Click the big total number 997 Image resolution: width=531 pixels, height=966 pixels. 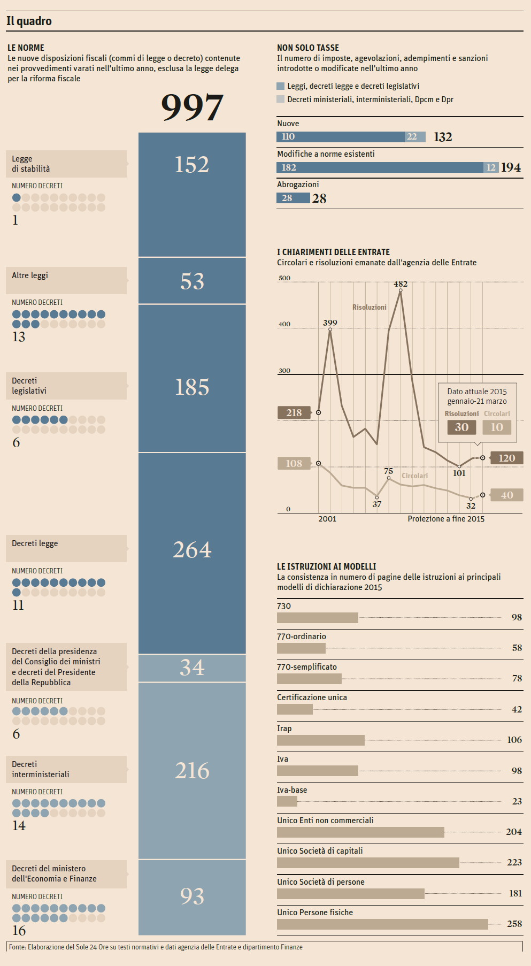[x=192, y=107]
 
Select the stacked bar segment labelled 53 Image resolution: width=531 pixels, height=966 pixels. [x=192, y=281]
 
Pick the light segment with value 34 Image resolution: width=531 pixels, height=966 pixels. [x=192, y=668]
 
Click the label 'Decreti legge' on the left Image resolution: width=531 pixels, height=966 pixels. [x=35, y=543]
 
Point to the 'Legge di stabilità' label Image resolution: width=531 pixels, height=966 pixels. [x=31, y=164]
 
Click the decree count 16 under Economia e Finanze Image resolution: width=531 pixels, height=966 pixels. [x=19, y=931]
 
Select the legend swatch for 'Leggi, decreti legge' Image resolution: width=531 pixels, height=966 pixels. [x=281, y=86]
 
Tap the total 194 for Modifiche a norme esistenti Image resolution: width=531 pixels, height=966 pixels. [x=511, y=167]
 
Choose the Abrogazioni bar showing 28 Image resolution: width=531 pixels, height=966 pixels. [x=293, y=198]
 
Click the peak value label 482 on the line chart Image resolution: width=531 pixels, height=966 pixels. [x=401, y=284]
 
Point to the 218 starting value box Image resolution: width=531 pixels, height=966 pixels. [x=294, y=413]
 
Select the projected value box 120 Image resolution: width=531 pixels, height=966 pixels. [x=506, y=458]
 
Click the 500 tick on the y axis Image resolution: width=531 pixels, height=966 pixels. [x=284, y=278]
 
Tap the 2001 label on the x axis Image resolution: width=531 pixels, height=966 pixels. [x=327, y=519]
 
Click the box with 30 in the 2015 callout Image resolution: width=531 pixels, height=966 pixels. [x=461, y=427]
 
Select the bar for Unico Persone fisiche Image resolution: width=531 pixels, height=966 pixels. [x=382, y=924]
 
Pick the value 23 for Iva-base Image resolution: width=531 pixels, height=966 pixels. [x=517, y=801]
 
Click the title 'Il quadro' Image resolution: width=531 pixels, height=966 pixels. [x=29, y=21]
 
